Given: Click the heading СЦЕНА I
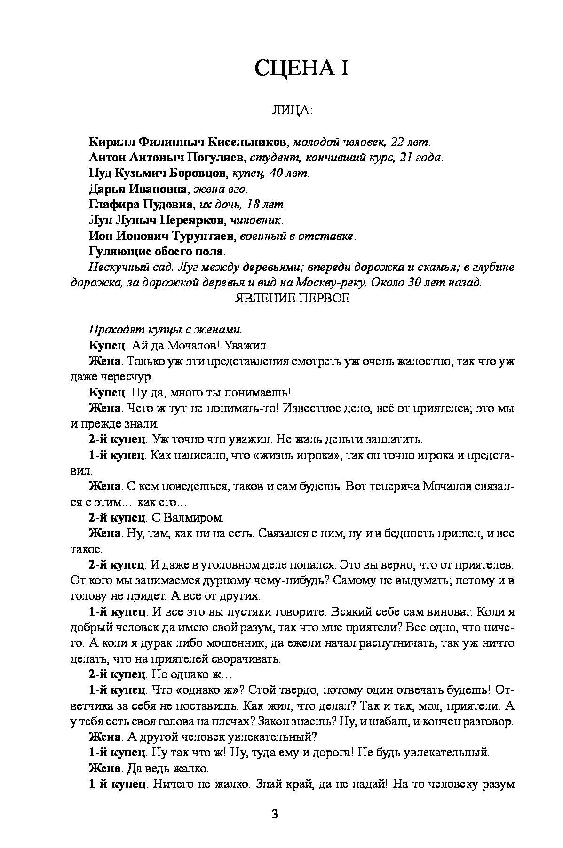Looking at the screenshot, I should tap(301, 69).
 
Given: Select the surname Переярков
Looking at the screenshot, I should tap(198, 221).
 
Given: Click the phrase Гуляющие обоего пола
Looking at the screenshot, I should tap(156, 252).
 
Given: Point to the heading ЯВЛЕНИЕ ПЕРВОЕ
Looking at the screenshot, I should tap(292, 298).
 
